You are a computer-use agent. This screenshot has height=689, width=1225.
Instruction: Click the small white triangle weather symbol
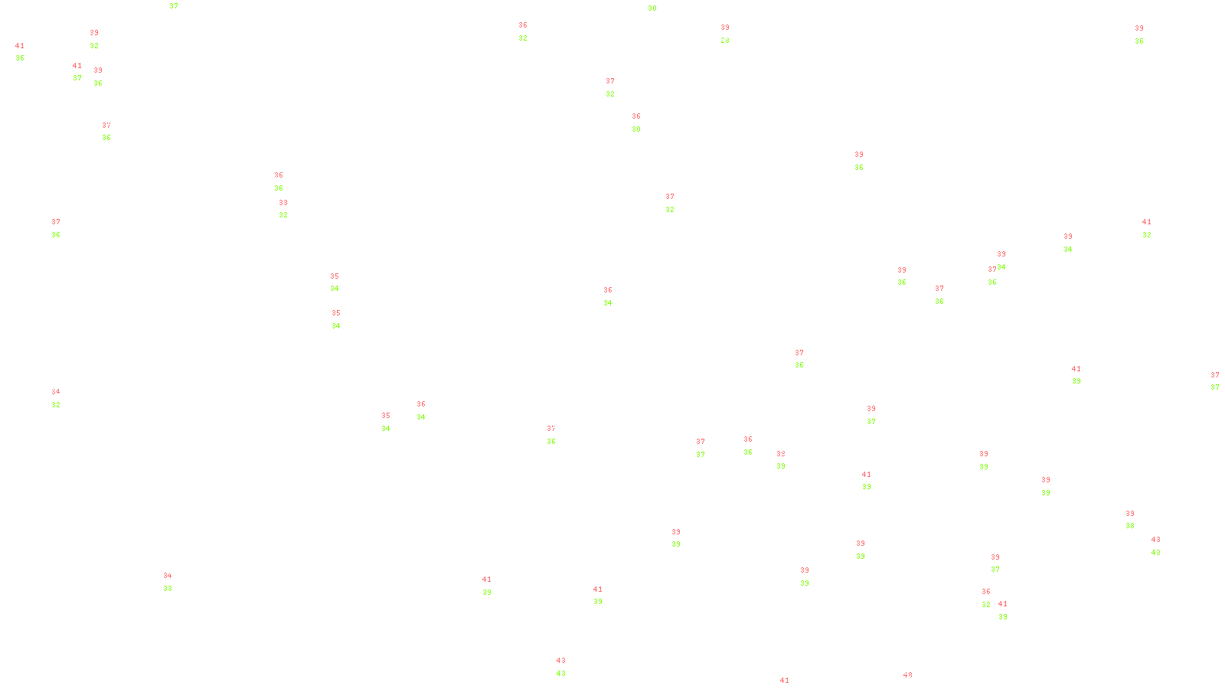[799, 360]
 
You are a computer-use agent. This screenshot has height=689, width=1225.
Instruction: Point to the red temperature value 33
[283, 203]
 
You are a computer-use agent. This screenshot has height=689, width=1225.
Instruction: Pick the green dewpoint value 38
[1130, 526]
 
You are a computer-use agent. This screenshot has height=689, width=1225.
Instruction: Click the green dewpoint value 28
[724, 40]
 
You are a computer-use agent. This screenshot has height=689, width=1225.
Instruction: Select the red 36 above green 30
[636, 117]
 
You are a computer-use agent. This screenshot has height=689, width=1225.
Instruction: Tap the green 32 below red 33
[283, 215]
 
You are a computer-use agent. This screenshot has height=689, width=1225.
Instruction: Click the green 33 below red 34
[168, 589]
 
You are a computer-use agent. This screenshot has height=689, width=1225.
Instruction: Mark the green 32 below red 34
[56, 405]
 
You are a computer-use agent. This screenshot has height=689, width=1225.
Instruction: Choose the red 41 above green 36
[20, 46]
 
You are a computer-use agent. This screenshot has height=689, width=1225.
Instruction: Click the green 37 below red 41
[77, 78]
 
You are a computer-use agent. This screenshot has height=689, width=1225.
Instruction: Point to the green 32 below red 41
[1146, 235]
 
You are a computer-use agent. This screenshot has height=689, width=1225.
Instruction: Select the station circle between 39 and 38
[1138, 520]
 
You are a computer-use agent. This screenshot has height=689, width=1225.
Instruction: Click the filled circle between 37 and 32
[617, 87]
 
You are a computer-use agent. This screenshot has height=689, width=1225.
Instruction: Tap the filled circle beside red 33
[290, 209]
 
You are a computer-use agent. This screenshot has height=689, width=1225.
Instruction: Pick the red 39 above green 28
[725, 28]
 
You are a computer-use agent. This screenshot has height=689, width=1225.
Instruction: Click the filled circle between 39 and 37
[1002, 563]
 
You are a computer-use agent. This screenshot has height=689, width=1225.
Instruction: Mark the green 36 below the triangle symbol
[799, 366]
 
